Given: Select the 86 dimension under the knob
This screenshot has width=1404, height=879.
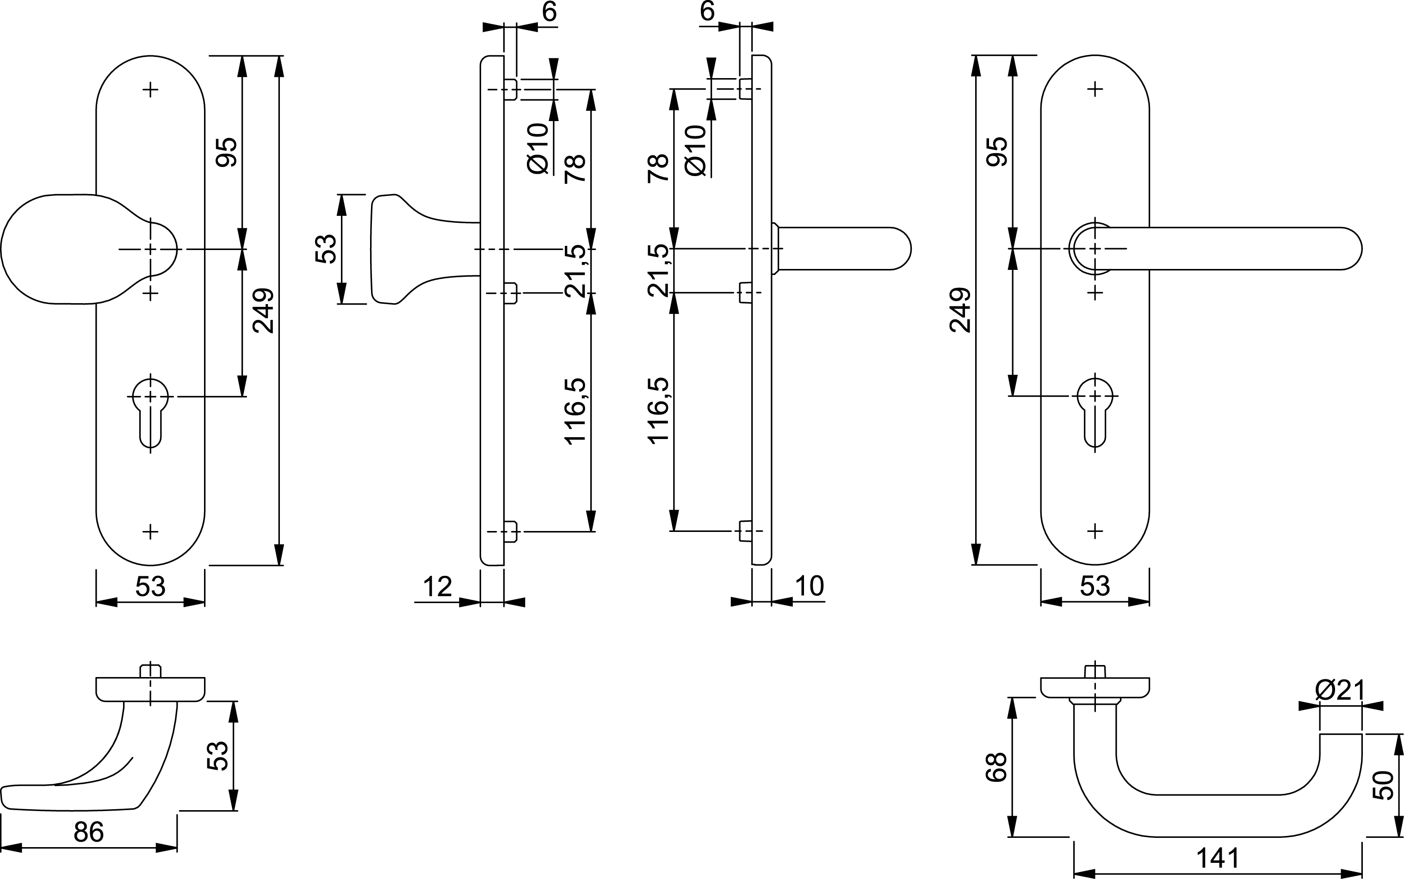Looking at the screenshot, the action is pos(88,832).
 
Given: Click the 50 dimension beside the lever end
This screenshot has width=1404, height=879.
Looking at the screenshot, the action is pos(1383,785).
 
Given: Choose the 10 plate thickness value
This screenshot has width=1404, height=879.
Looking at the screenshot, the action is pos(809,586).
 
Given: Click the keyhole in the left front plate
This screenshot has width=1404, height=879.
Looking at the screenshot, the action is pos(150,413).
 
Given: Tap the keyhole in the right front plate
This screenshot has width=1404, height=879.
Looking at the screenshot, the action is pos(1095,413).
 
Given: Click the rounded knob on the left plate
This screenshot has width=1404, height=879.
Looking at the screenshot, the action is pos(87,249).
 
